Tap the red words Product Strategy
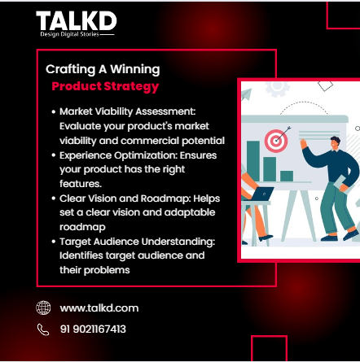pos(105,86)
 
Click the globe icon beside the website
pos(43,307)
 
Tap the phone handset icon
pos(43,329)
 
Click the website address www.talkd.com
pos(99,307)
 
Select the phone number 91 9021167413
pos(92,329)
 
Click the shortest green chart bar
pos(287,176)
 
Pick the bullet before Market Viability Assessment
pos(53,109)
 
